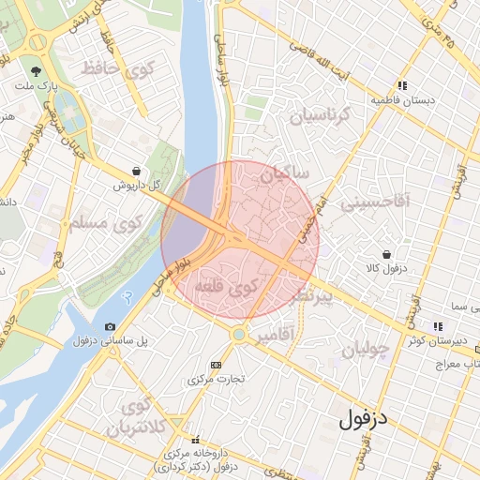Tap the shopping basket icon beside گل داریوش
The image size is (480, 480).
(x=138, y=171)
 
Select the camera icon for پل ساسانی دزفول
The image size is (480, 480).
(x=111, y=326)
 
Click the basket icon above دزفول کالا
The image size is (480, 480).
(x=386, y=254)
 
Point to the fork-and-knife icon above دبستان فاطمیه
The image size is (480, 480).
(x=402, y=85)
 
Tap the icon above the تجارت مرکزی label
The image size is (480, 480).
(x=217, y=365)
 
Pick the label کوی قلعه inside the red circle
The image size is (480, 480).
(x=230, y=291)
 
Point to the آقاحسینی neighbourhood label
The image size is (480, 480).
(x=374, y=201)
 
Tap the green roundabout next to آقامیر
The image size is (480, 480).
(x=239, y=333)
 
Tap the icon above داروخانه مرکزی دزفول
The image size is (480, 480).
(x=195, y=439)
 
